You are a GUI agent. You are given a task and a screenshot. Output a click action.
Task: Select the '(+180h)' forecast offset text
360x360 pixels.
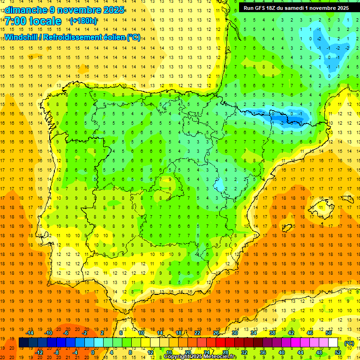(83, 21)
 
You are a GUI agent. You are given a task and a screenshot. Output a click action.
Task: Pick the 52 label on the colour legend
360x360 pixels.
(338, 352)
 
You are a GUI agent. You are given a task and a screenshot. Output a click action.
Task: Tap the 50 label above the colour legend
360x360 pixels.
(329, 333)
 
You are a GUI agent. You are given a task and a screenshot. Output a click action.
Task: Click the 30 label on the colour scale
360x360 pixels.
(235, 333)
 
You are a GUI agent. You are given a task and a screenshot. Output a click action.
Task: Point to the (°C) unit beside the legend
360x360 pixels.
(349, 343)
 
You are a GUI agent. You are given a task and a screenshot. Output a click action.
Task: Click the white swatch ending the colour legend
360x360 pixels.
(333, 343)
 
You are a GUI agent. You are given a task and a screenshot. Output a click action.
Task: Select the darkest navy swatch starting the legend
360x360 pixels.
(23, 343)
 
